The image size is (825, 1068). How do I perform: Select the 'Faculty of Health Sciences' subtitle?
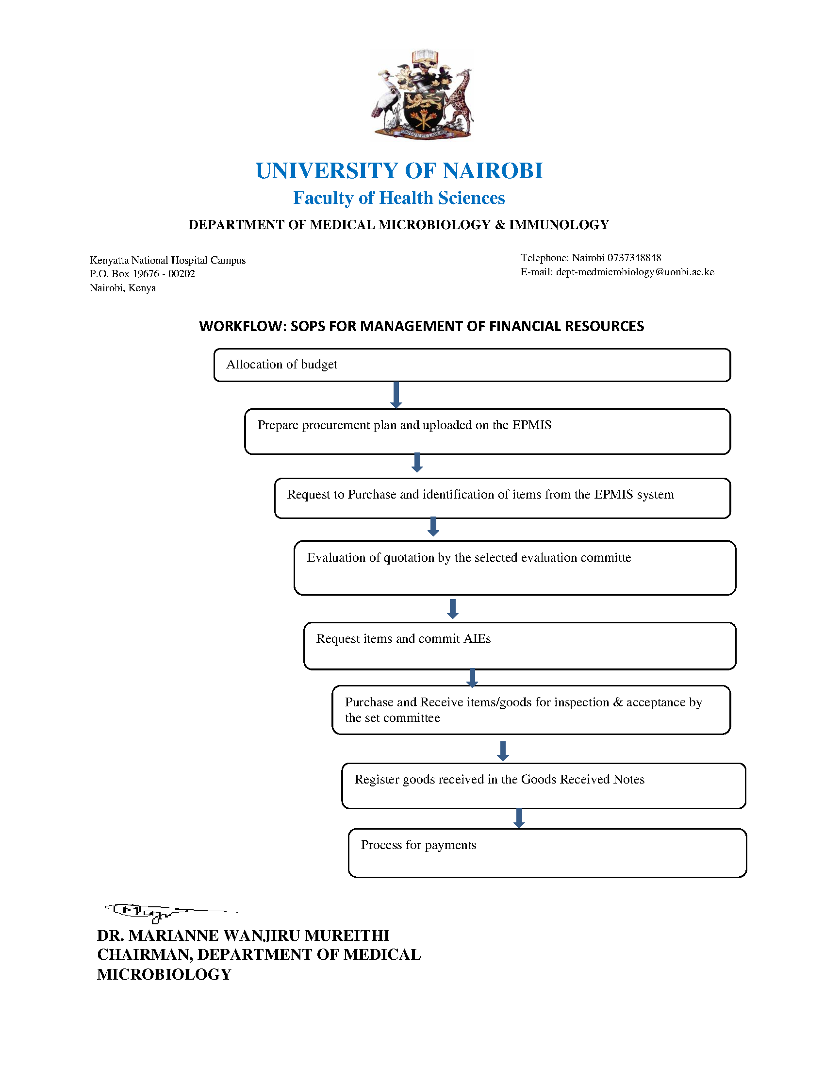[399, 198]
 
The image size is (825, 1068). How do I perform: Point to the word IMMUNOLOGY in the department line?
[559, 225]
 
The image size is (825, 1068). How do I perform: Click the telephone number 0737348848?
[634, 258]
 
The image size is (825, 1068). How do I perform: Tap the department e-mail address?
[635, 272]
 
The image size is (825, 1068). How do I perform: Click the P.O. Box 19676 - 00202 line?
[142, 274]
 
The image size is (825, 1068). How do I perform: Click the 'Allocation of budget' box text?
[281, 364]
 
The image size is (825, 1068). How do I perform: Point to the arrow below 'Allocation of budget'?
[396, 395]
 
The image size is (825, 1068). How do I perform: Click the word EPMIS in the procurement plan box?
[531, 425]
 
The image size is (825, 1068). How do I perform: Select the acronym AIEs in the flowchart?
[477, 639]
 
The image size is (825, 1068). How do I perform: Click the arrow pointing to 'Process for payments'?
[519, 818]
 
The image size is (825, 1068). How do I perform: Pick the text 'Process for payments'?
[418, 845]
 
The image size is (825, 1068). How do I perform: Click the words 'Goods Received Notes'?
[582, 780]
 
